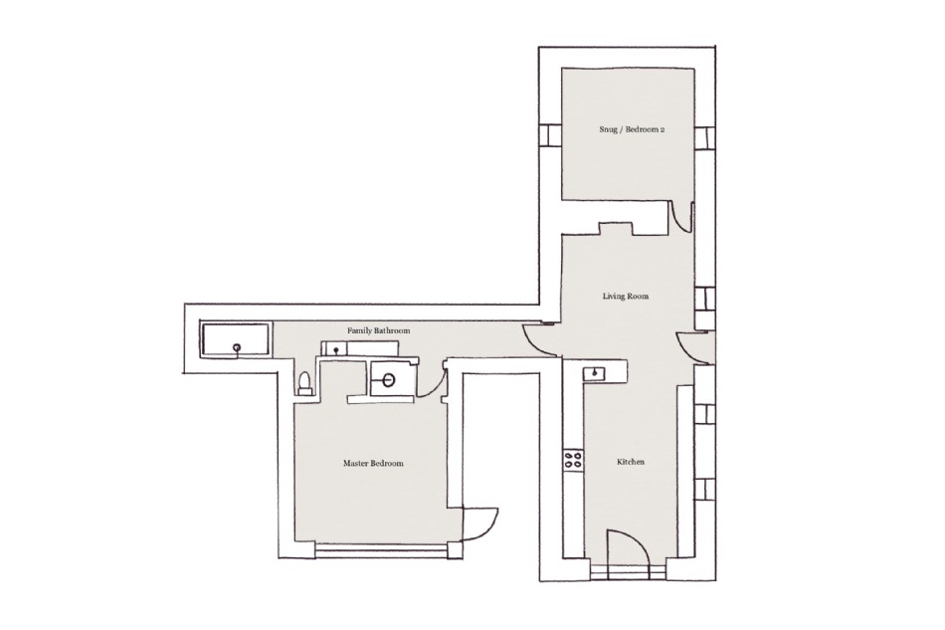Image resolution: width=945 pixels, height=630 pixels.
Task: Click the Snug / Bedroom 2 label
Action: (632, 129)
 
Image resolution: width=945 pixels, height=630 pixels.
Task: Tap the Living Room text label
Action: (626, 296)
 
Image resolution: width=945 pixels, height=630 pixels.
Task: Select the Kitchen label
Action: (631, 462)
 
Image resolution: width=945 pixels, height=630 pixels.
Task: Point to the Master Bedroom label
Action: (373, 464)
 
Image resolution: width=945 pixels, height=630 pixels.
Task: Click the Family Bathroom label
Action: (378, 331)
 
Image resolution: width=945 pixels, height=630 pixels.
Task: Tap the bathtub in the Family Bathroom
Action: (235, 340)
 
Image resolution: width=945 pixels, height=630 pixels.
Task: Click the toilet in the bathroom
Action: (305, 383)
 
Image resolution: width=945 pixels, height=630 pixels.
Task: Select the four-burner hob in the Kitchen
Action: (573, 461)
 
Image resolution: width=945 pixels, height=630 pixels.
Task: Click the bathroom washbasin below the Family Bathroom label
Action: (335, 348)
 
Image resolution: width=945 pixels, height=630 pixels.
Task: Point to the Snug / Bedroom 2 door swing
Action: (682, 217)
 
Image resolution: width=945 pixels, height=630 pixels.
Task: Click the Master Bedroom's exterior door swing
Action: (480, 525)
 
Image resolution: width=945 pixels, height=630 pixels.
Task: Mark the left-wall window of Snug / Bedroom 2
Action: (550, 135)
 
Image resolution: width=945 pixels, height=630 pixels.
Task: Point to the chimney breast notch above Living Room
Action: (615, 229)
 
